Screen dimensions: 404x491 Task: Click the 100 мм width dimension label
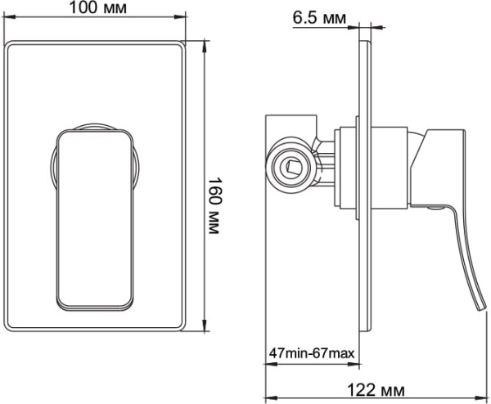(x=98, y=8)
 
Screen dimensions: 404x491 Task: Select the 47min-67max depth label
(x=312, y=353)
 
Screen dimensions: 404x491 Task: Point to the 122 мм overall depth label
(x=378, y=392)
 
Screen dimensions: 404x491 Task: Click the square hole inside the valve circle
(x=292, y=169)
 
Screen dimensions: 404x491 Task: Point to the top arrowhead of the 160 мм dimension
(x=203, y=41)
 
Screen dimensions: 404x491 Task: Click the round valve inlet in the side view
(x=291, y=168)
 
